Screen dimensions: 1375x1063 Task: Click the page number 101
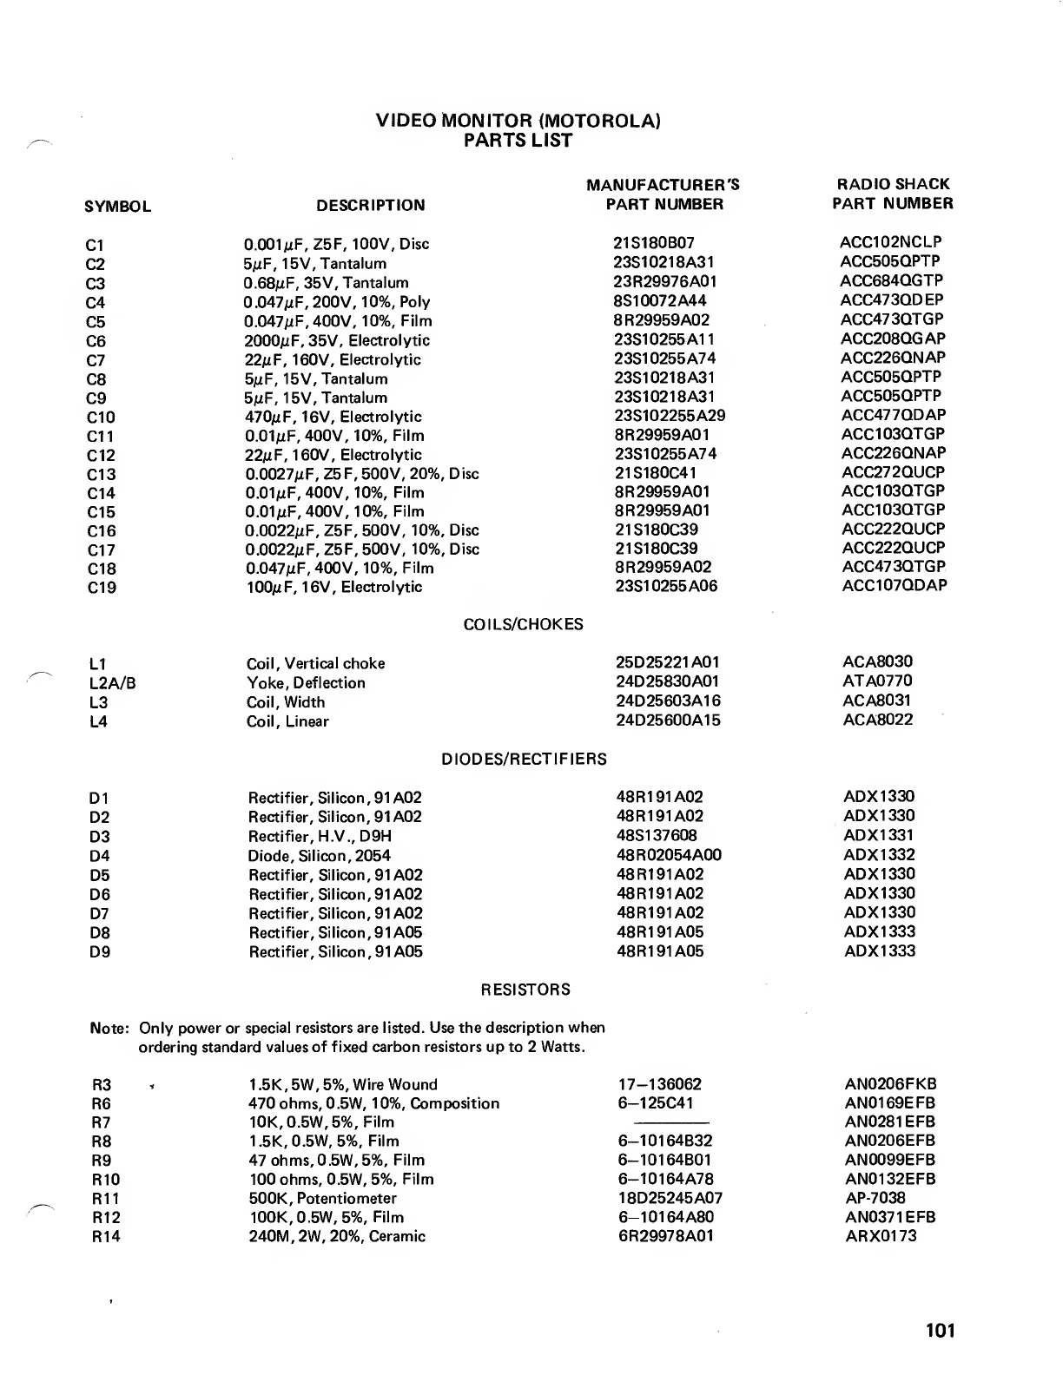(940, 1331)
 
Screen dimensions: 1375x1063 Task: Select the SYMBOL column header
(118, 207)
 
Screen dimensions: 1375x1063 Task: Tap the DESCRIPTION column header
(371, 206)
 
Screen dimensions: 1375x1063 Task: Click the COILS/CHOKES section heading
(524, 625)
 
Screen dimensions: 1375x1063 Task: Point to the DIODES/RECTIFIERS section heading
(524, 760)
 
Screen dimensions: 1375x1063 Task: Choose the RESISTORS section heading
(525, 990)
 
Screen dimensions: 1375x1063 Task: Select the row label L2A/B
(112, 683)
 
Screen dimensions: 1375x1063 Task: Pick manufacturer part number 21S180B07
(654, 244)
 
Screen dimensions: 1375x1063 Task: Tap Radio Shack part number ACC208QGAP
(893, 339)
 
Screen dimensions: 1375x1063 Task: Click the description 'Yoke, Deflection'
(306, 683)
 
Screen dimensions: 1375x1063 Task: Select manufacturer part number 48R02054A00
(669, 855)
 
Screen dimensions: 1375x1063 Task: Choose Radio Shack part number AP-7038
(875, 1198)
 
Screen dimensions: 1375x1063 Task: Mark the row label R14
(106, 1237)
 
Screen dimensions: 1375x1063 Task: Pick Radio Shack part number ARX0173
(880, 1236)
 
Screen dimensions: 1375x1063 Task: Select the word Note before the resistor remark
(109, 1029)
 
